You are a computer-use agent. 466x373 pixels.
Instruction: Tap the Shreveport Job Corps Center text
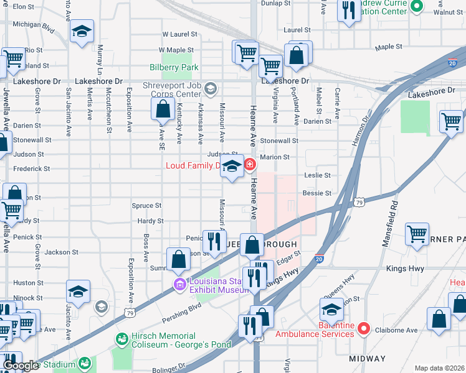click(170, 90)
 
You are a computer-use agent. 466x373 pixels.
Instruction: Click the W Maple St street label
click(176, 50)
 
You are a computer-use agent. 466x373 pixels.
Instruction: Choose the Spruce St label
click(146, 205)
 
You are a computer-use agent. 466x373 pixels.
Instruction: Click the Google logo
click(21, 366)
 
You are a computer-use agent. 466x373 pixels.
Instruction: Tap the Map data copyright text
click(439, 368)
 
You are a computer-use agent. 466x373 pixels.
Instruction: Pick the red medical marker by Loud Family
click(250, 165)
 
